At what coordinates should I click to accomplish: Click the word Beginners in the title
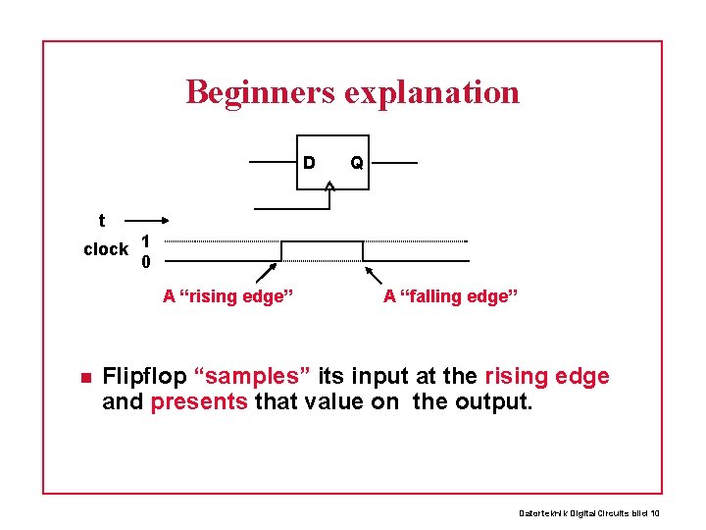[x=259, y=92]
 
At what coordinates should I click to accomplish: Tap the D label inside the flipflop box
[x=309, y=162]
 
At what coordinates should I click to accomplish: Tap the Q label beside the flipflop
[x=357, y=163]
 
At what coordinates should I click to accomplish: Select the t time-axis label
[x=102, y=222]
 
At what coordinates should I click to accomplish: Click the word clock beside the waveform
[x=106, y=249]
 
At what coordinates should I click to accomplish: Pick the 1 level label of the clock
[x=144, y=240]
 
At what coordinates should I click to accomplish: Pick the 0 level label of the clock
[x=145, y=262]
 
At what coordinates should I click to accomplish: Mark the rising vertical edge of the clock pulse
[x=281, y=250]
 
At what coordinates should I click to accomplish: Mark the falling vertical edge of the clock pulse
[x=363, y=250]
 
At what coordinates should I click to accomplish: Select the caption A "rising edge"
[x=228, y=295]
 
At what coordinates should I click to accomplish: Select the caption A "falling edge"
[x=451, y=295]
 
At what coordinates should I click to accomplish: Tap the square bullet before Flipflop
[x=85, y=378]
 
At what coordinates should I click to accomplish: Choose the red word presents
[x=199, y=400]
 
